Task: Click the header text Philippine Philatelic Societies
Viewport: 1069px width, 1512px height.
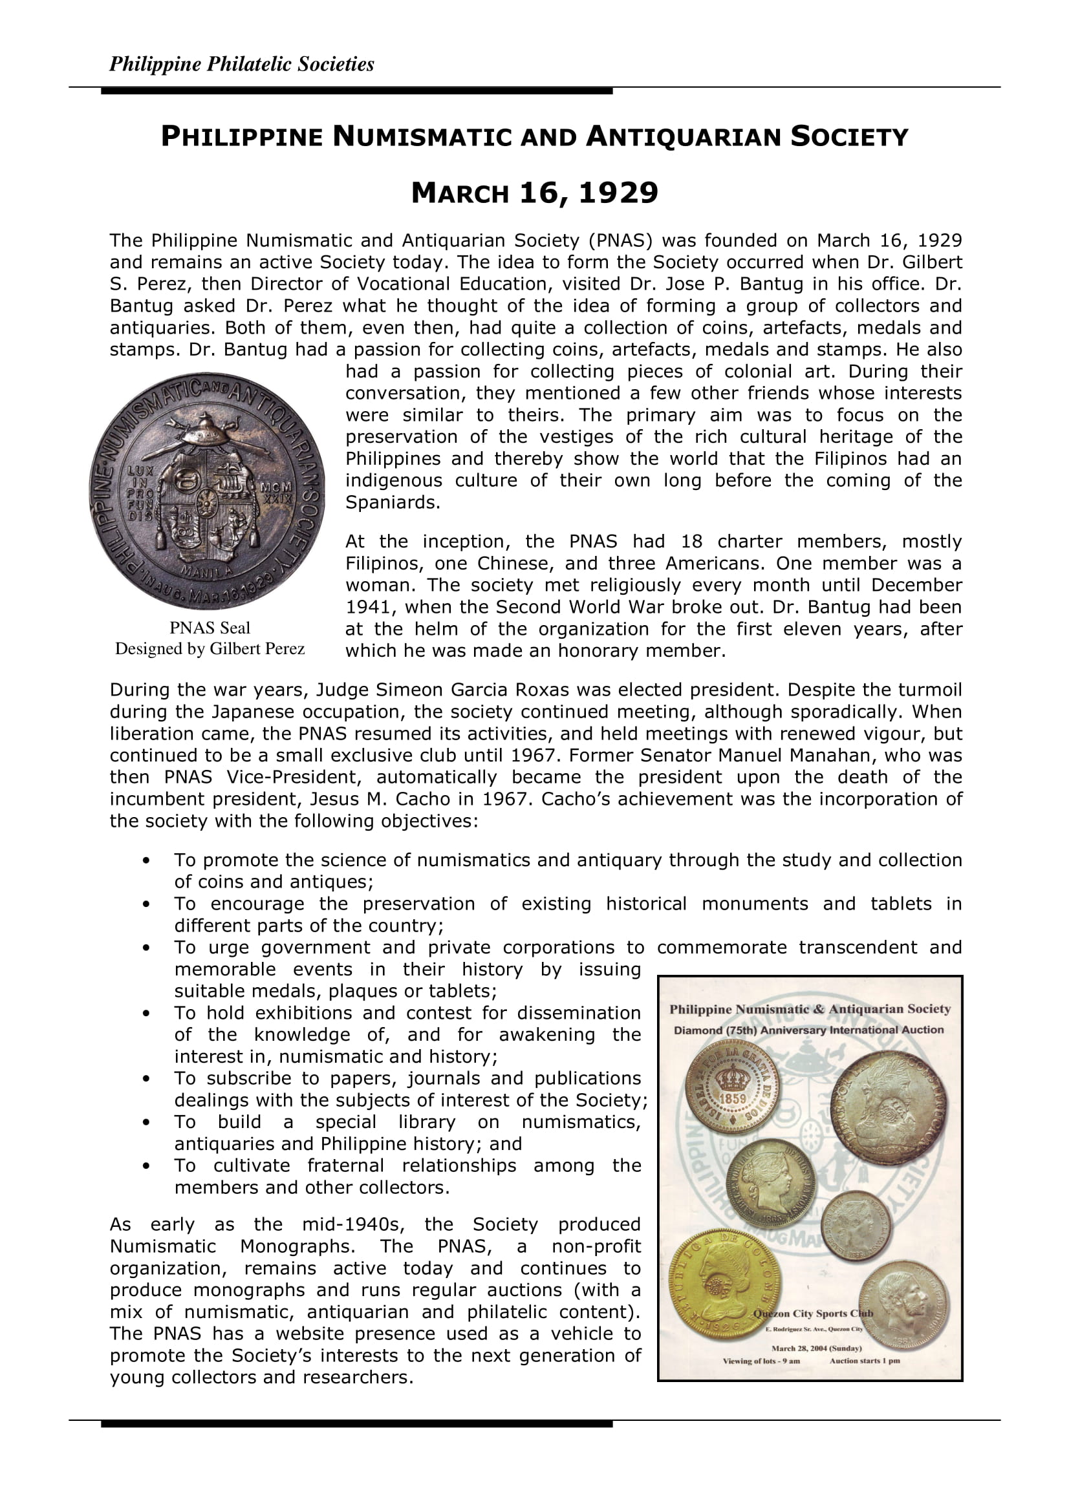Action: (241, 64)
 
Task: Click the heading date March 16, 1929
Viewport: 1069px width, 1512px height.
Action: (534, 193)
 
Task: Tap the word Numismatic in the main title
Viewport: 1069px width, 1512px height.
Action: (422, 137)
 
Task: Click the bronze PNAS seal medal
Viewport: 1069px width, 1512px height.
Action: (207, 491)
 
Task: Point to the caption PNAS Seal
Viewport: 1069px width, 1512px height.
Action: (210, 628)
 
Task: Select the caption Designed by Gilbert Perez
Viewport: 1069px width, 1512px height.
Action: (210, 648)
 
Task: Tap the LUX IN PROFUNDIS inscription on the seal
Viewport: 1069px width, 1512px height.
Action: (140, 493)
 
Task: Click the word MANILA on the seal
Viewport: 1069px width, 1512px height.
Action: (207, 571)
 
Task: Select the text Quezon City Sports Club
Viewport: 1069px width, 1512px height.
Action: (813, 1313)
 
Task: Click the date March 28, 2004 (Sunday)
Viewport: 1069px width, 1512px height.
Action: (816, 1348)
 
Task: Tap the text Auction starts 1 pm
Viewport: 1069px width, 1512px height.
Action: (864, 1361)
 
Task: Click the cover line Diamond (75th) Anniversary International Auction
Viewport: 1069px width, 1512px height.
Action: (808, 1030)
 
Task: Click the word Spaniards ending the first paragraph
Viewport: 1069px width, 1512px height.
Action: (393, 502)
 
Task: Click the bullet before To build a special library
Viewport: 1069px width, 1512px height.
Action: (146, 1122)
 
